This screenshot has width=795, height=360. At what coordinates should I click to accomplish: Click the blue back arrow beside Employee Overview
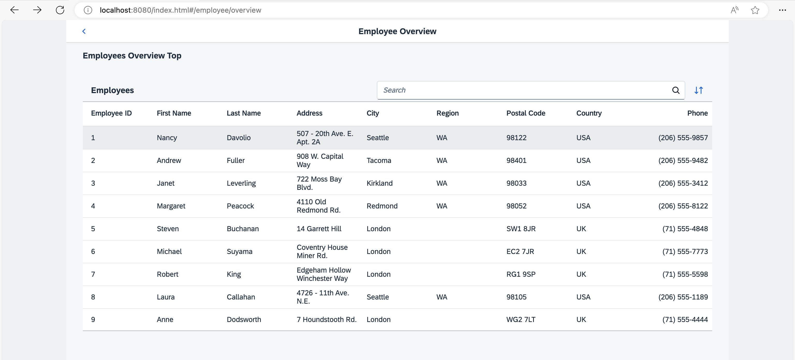coord(84,31)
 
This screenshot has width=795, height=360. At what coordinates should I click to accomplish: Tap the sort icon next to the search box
coord(699,90)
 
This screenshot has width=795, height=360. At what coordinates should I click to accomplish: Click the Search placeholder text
coord(394,90)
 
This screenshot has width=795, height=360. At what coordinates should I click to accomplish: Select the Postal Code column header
coord(526,113)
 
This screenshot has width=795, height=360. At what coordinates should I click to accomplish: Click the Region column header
coord(447,113)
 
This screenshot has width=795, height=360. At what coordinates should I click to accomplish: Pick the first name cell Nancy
coord(167,138)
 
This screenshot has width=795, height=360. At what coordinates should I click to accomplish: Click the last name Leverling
coord(241,183)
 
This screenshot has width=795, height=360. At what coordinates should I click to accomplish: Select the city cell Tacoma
coord(379,160)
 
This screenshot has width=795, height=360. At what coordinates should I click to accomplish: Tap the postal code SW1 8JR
coord(521,229)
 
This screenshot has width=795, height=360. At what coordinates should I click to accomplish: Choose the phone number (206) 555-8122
coord(683,206)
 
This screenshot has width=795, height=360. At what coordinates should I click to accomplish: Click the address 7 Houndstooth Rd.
coord(327,320)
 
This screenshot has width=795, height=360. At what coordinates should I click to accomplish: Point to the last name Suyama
coord(239,251)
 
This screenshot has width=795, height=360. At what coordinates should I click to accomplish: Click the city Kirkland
coord(380,183)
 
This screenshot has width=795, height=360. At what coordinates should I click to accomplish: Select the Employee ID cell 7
coord(93,274)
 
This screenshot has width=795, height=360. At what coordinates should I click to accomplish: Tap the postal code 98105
coord(516,297)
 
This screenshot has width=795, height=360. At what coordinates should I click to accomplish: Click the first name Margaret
coord(171,206)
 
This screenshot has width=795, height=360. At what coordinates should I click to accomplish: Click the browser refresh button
coord(60,10)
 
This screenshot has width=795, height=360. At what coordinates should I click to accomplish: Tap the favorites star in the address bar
coord(755,10)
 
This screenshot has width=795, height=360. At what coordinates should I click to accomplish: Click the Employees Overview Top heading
coord(132,56)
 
